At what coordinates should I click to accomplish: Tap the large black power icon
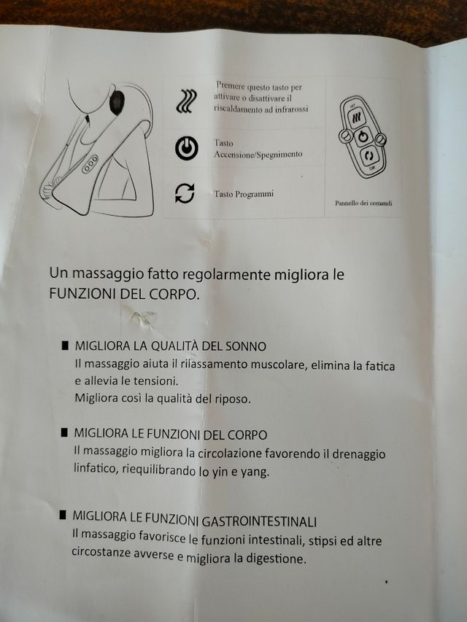point(186,148)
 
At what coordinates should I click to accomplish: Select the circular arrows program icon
point(185,193)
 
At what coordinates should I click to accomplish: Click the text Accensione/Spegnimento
point(258,155)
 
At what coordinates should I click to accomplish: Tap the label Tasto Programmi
point(244,195)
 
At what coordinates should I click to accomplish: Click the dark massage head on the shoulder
point(117,102)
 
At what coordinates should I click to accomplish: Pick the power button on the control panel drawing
point(363,136)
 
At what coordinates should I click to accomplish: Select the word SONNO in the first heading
point(246,346)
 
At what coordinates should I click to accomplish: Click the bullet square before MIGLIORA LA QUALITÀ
point(66,345)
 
